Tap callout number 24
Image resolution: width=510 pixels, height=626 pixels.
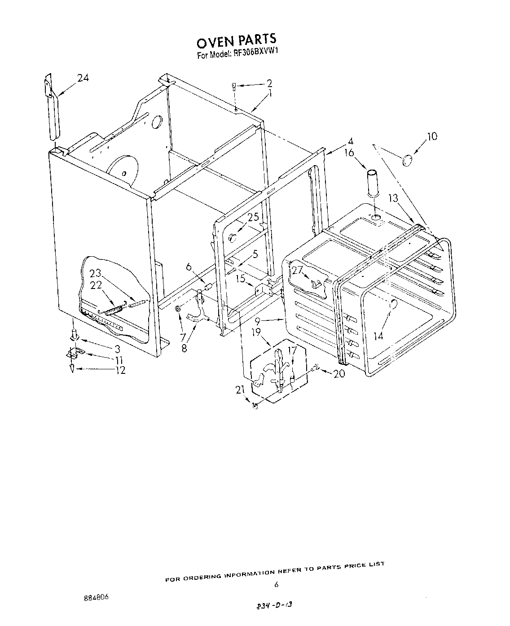click(x=83, y=78)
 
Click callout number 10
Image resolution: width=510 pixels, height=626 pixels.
click(x=431, y=136)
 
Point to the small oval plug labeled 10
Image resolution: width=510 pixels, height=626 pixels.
click(x=408, y=160)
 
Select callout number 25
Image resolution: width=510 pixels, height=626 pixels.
click(x=253, y=217)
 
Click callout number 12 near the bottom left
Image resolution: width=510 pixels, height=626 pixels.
click(x=119, y=370)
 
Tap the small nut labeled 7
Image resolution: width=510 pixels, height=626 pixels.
click(x=178, y=309)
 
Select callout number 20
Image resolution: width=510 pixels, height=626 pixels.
click(x=339, y=373)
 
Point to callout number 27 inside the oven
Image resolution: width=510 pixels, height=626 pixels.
click(x=297, y=270)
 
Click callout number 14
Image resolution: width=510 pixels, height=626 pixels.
click(x=378, y=336)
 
